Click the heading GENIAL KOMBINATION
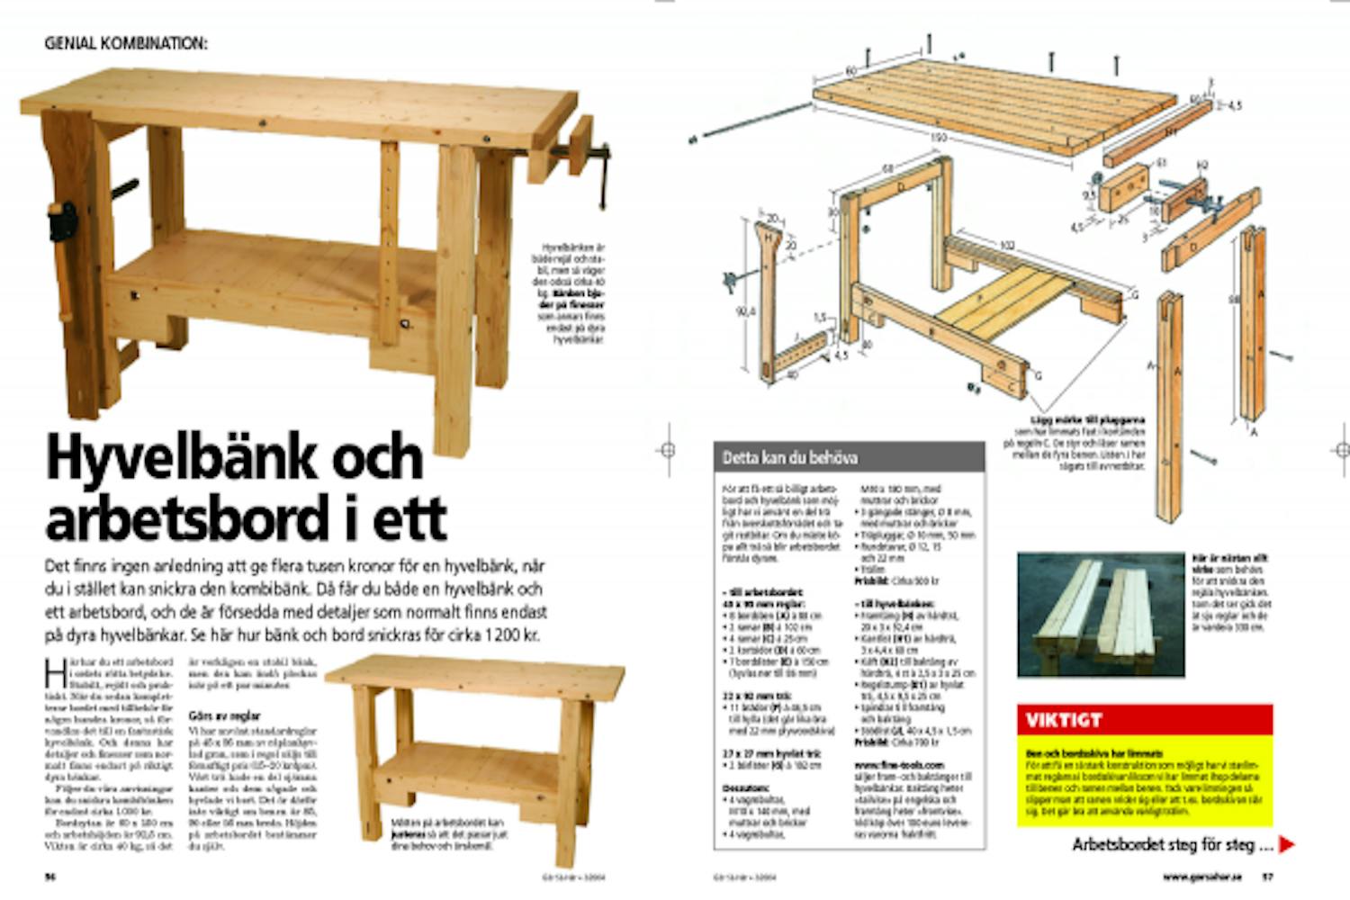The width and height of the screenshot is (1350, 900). pyautogui.click(x=126, y=42)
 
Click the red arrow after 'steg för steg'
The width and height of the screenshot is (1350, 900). pyautogui.click(x=1287, y=845)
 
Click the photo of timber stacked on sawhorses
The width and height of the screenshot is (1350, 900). pyautogui.click(x=1101, y=615)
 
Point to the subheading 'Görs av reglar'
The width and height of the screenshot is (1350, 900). pyautogui.click(x=225, y=716)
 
